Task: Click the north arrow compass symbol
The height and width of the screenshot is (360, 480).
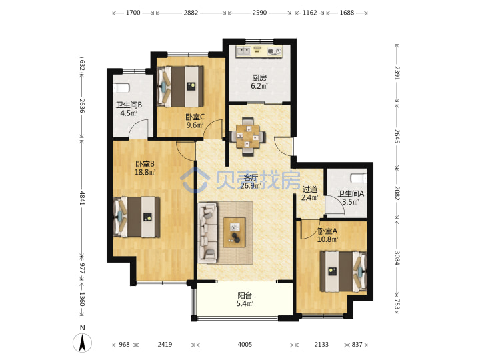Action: coord(82,342)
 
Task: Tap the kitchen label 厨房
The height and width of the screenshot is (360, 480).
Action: coord(259,78)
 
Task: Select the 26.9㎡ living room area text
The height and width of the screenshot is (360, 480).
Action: coord(251,185)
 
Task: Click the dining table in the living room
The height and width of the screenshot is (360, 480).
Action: coord(247,136)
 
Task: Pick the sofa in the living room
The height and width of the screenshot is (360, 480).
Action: coord(208,233)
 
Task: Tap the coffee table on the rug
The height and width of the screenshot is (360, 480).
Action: coord(235,233)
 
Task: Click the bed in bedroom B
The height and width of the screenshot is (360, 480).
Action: coord(137,217)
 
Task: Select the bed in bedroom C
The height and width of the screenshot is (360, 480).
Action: coord(180,87)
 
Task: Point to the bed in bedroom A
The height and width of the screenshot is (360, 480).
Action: coord(343,271)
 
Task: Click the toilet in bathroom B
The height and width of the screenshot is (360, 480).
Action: coord(121,88)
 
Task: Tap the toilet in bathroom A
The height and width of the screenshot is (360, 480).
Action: coord(359,178)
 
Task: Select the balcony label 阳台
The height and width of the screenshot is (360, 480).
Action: coord(245,296)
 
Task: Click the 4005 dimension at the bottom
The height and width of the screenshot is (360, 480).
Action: coord(245,345)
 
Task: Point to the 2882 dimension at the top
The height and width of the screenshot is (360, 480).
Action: coord(191,13)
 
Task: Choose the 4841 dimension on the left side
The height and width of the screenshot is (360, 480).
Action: coord(82,198)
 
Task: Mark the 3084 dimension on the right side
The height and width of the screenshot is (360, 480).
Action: coord(397,258)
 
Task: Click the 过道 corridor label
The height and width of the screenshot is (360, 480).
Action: coord(310,189)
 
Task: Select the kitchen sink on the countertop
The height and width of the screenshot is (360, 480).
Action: coord(244,51)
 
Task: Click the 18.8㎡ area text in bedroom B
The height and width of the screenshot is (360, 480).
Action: coord(145,172)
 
